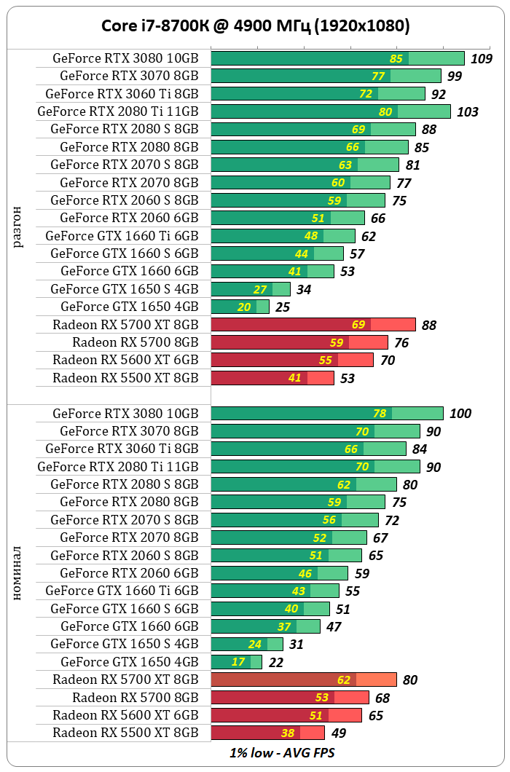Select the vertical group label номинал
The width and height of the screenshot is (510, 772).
click(x=18, y=575)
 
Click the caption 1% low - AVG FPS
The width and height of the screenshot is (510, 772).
click(x=277, y=752)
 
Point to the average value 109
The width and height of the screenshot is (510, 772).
click(x=481, y=59)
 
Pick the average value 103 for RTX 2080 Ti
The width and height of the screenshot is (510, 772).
click(x=467, y=112)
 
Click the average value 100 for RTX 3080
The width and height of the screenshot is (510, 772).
click(x=460, y=414)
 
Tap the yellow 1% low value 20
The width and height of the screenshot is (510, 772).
click(x=244, y=307)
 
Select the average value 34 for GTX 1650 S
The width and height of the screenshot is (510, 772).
click(x=303, y=290)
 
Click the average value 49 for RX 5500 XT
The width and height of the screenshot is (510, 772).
click(x=338, y=733)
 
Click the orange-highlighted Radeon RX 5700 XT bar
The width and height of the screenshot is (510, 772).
click(x=303, y=680)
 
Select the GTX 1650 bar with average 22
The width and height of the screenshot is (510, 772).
click(x=236, y=662)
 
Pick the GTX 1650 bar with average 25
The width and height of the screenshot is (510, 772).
click(x=240, y=307)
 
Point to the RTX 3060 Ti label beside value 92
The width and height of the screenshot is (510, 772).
click(x=122, y=93)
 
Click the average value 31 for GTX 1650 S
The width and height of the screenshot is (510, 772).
click(x=296, y=645)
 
